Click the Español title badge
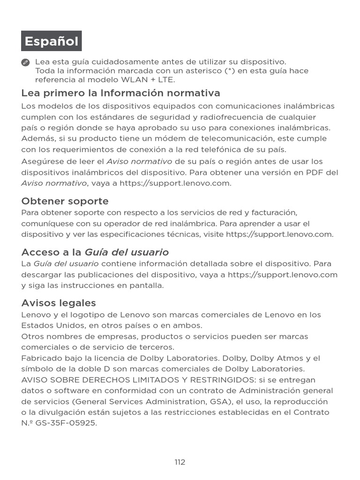(52, 41)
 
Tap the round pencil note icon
(26, 62)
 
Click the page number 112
(180, 462)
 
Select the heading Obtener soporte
(65, 201)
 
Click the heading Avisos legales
(59, 303)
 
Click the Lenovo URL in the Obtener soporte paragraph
(279, 234)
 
